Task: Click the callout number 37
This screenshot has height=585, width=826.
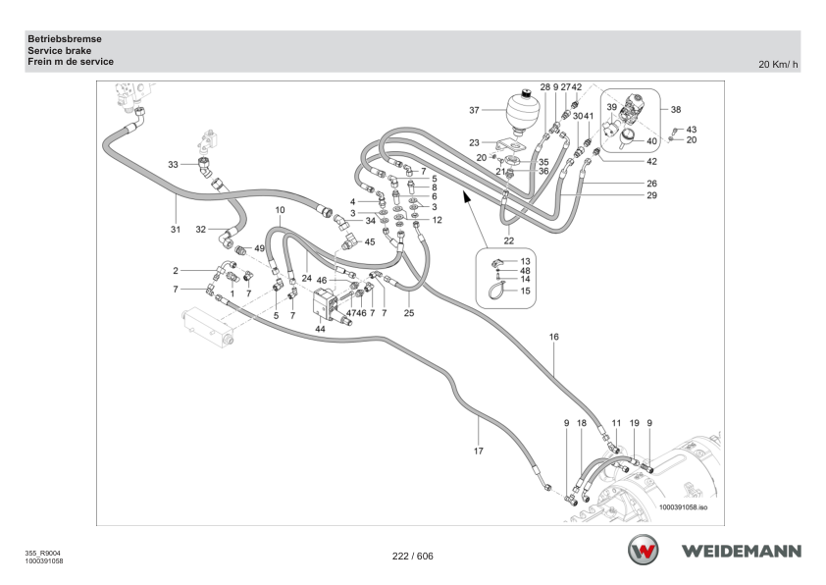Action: (x=474, y=110)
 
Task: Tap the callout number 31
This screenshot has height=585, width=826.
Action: (x=176, y=230)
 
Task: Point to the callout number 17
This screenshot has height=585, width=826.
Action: (x=479, y=451)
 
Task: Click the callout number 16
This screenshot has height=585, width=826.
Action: (x=553, y=337)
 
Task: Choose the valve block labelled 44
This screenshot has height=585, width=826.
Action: (x=329, y=304)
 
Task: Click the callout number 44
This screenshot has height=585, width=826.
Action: (x=320, y=329)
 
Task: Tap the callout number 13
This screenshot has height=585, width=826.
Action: (x=525, y=261)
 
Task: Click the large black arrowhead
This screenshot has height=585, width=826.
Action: (x=466, y=196)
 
